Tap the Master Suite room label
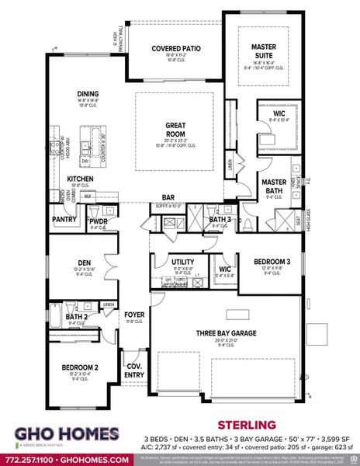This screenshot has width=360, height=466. [x=264, y=51]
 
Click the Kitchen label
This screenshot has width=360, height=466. [x=80, y=179]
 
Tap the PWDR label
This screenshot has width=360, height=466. [x=98, y=221]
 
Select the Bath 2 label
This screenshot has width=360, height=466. [x=76, y=317]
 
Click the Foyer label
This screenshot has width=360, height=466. [x=134, y=314]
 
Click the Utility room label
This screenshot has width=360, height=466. [x=182, y=263]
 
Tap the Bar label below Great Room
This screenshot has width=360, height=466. [x=168, y=198]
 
